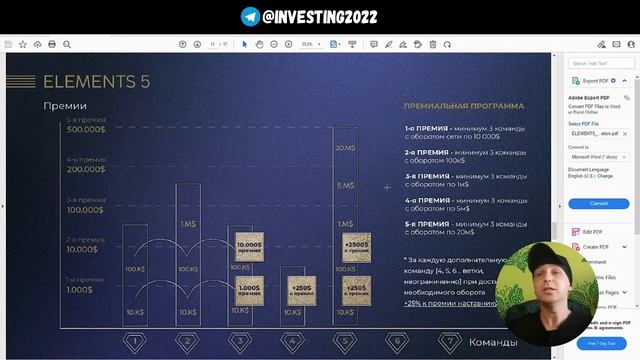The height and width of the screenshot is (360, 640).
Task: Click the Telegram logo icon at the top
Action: [x=250, y=16]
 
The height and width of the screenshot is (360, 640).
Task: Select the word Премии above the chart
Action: [x=64, y=105]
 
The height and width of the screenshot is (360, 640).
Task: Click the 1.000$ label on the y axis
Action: [x=79, y=290]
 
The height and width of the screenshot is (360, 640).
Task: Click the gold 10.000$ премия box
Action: [x=249, y=247]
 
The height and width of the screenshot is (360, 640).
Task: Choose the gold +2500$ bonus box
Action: [x=357, y=246]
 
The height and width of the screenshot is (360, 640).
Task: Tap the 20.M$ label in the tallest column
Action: [x=345, y=148]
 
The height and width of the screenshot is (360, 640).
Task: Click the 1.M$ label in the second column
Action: [x=187, y=223]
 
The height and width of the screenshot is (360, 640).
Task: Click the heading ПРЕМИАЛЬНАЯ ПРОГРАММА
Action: [x=463, y=105]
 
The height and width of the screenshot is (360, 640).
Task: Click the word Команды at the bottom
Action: [x=493, y=341]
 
